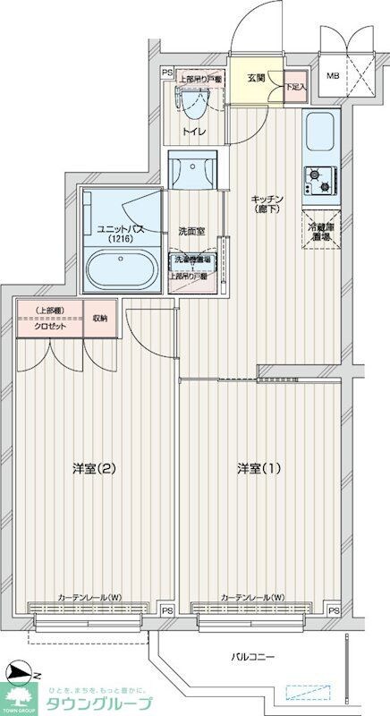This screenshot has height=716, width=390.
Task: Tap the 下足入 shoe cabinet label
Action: [296, 87]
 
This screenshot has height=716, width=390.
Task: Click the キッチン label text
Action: [267, 201]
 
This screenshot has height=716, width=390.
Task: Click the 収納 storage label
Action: [99, 318]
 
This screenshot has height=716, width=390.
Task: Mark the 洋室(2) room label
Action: [94, 468]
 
